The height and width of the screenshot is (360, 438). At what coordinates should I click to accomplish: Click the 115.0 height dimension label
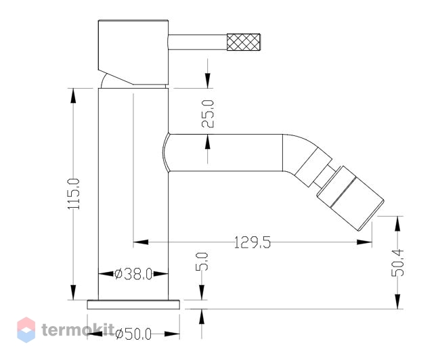pyautogui.click(x=74, y=194)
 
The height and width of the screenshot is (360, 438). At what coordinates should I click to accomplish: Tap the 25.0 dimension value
pyautogui.click(x=208, y=114)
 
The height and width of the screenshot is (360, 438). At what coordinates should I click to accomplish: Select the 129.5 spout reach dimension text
pyautogui.click(x=253, y=242)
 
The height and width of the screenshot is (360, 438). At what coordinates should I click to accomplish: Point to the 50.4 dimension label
pyautogui.click(x=397, y=263)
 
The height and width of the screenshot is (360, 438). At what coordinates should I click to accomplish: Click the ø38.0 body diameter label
pyautogui.click(x=133, y=274)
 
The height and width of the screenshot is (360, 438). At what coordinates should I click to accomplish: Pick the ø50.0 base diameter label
pyautogui.click(x=133, y=334)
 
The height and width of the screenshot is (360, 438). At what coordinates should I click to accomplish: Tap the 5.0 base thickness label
pyautogui.click(x=202, y=261)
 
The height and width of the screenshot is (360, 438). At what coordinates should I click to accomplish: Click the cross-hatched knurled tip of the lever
pyautogui.click(x=244, y=42)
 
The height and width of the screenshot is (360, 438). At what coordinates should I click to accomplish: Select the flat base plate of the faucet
pyautogui.click(x=133, y=305)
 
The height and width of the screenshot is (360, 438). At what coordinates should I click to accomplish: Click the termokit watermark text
pyautogui.click(x=79, y=330)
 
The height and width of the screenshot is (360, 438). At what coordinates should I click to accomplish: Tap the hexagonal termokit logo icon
pyautogui.click(x=26, y=330)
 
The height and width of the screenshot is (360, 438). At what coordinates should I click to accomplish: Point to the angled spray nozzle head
pyautogui.click(x=350, y=198)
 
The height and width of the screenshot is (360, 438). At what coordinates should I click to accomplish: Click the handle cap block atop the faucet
pyautogui.click(x=133, y=53)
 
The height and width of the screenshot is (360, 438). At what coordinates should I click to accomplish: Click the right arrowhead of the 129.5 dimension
pyautogui.click(x=364, y=242)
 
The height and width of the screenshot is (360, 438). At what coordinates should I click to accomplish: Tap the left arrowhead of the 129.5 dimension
pyautogui.click(x=141, y=242)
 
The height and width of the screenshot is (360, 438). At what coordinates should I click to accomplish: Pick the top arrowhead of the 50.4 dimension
pyautogui.click(x=397, y=223)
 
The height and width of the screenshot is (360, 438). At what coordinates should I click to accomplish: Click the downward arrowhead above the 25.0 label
pyautogui.click(x=208, y=81)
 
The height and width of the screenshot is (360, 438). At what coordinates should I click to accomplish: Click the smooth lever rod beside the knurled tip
pyautogui.click(x=198, y=42)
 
